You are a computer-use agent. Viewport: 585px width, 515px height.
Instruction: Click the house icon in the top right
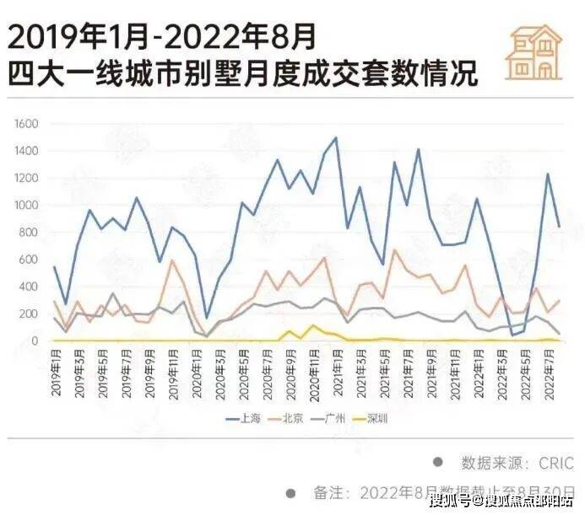tap(534, 51)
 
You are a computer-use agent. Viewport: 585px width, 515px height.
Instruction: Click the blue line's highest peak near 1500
tap(335, 137)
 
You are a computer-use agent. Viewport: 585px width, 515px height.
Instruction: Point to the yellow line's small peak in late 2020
tap(313, 325)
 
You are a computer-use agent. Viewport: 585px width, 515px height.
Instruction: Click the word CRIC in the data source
tap(554, 463)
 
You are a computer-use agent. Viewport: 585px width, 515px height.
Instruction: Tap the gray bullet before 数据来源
tap(437, 462)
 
